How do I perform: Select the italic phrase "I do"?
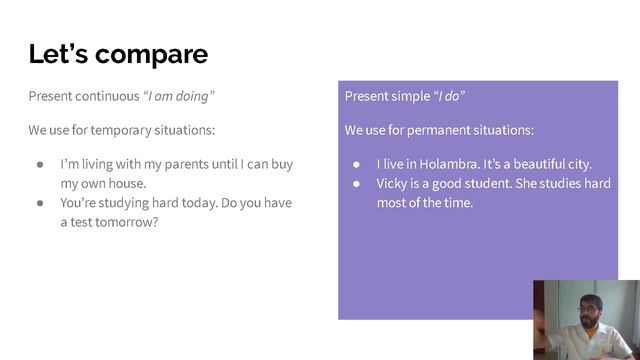[449, 97]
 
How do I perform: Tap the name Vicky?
[394, 183]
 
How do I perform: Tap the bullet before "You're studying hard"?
[40, 203]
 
